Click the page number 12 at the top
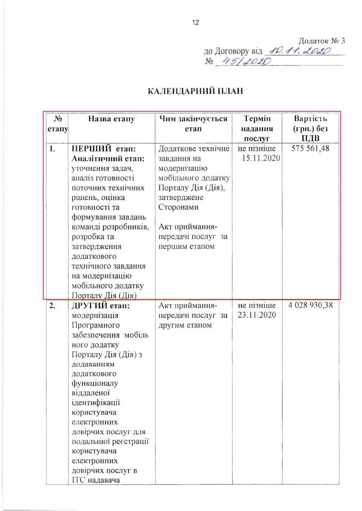point(196,23)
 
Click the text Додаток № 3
point(322,40)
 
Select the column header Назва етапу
point(111,119)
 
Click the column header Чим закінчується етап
point(193,124)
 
